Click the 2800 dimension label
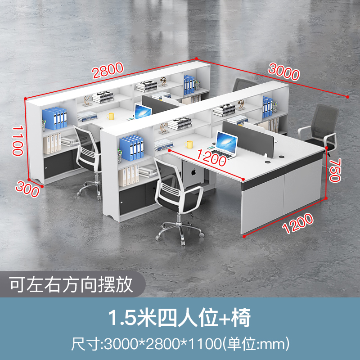[108, 70]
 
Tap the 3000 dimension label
[283, 72]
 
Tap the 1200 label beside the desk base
[297, 224]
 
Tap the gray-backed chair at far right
[320, 128]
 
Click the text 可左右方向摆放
[72, 284]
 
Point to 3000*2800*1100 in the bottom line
[165, 345]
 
